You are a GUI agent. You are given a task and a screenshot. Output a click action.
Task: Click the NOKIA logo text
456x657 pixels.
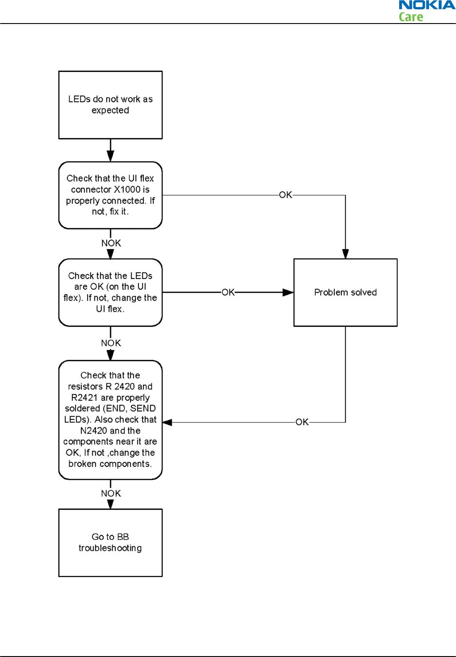(x=427, y=5)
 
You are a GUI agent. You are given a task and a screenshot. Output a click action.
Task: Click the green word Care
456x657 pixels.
(x=411, y=17)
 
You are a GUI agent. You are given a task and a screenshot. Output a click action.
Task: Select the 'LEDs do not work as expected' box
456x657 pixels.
(x=111, y=105)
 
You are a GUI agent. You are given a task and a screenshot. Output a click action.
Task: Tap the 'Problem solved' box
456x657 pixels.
(x=345, y=292)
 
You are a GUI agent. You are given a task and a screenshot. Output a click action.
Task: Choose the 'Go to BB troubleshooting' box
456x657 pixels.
(x=111, y=542)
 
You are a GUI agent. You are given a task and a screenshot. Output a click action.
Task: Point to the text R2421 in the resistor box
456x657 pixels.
(x=84, y=398)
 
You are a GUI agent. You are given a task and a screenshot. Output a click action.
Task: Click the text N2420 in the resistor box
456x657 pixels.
(x=94, y=430)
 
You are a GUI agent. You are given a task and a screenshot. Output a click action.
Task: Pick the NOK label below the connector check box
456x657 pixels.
(x=111, y=243)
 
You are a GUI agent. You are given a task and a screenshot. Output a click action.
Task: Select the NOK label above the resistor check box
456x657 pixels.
(x=111, y=343)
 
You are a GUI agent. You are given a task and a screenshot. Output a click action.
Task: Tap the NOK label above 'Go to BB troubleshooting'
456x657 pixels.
(x=111, y=494)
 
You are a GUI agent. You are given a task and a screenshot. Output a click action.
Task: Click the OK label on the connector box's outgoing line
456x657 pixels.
(x=285, y=195)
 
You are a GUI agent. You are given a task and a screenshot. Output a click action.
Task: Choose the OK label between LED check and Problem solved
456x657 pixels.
(x=228, y=292)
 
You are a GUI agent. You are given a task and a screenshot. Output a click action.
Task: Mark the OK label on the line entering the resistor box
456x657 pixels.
(x=302, y=422)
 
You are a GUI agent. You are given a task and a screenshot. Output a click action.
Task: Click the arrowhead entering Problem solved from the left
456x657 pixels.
(x=288, y=292)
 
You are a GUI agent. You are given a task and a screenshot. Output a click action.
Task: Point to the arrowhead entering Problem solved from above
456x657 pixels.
(x=345, y=254)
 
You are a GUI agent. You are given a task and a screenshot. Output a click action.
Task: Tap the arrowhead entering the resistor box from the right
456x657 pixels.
(x=167, y=422)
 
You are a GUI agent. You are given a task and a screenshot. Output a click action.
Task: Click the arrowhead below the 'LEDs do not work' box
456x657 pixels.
(x=111, y=156)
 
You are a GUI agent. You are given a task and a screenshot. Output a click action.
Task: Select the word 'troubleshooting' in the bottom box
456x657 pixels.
(x=110, y=548)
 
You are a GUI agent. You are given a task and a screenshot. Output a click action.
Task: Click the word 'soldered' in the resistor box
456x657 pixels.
(x=83, y=409)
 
